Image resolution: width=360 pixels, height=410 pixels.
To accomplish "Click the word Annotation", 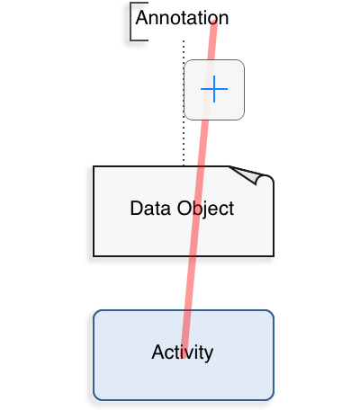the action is [182, 18].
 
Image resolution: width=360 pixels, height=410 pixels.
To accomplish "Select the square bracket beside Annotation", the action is [131, 22].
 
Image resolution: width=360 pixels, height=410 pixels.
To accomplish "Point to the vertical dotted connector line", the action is [184, 102].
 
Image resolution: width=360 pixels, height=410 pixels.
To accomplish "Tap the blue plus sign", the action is [214, 89].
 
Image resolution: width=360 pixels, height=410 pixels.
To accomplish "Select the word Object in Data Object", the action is [205, 209].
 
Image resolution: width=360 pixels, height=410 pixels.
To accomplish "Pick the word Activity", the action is [183, 352].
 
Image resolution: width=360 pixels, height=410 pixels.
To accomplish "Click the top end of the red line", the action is [214, 22].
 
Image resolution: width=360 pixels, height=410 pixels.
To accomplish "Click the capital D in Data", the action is [137, 209].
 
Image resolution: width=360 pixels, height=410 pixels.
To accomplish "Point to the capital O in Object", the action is [184, 209].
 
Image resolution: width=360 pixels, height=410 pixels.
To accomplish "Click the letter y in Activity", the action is [208, 355].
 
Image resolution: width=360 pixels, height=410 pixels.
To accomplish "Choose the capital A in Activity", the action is [158, 352].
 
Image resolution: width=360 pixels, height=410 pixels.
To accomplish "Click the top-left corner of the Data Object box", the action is [94, 166].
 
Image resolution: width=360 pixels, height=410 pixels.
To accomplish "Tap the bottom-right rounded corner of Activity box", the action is [270, 397].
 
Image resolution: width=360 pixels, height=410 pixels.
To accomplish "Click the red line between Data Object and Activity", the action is [189, 283].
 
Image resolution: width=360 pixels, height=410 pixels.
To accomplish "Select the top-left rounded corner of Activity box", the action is [97, 314].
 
